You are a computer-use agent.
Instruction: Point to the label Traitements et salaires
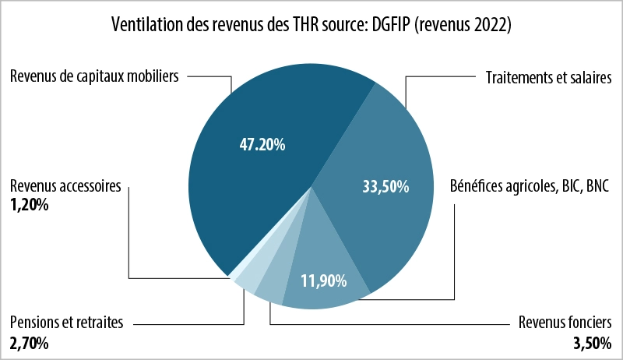(548, 77)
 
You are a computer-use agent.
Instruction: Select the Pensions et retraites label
(66, 323)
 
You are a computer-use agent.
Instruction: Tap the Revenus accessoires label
(65, 187)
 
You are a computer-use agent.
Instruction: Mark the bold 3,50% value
(593, 342)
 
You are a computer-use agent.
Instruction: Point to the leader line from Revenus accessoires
(129, 234)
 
